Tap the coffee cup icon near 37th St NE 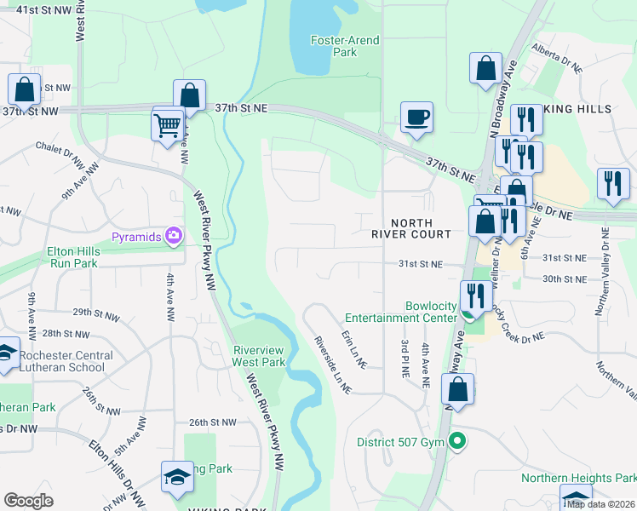click(416, 118)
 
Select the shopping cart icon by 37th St click(167, 125)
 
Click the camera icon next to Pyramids click(175, 235)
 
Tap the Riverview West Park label click(259, 355)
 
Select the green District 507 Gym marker click(457, 441)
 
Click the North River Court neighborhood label click(411, 227)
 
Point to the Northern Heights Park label click(579, 479)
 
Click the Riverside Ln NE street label click(333, 364)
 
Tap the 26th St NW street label click(212, 422)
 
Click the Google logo click(28, 501)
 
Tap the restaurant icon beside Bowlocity click(473, 296)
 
